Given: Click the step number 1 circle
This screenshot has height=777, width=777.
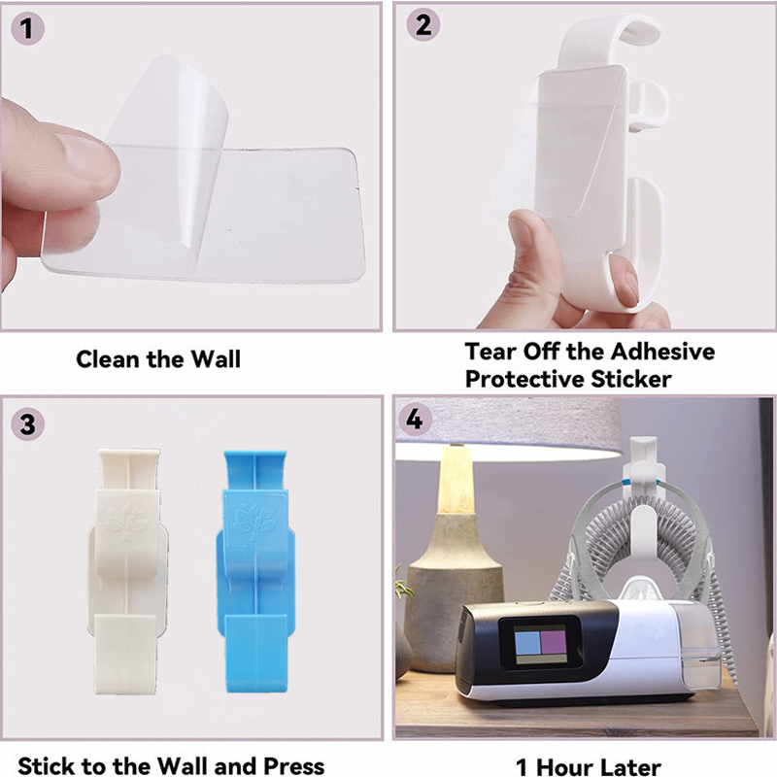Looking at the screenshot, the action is coord(27,28).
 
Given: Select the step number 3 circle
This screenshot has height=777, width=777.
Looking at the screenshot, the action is coord(28,424).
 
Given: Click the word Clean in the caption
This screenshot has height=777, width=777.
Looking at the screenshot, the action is coord(108,358).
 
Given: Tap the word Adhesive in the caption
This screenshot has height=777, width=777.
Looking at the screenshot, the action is coord(662,352).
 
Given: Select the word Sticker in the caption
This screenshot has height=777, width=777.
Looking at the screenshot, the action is coord(630,379).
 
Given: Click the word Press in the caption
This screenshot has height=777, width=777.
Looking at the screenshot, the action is coord(293,765).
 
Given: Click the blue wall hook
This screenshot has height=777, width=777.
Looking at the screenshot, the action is coord(255,571).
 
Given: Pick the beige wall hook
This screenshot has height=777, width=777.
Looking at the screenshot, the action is coord(128,571).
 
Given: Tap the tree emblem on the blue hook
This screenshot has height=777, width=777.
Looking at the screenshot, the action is coord(255,522).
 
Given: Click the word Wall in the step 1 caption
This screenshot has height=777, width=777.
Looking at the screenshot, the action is coord(216,358).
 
